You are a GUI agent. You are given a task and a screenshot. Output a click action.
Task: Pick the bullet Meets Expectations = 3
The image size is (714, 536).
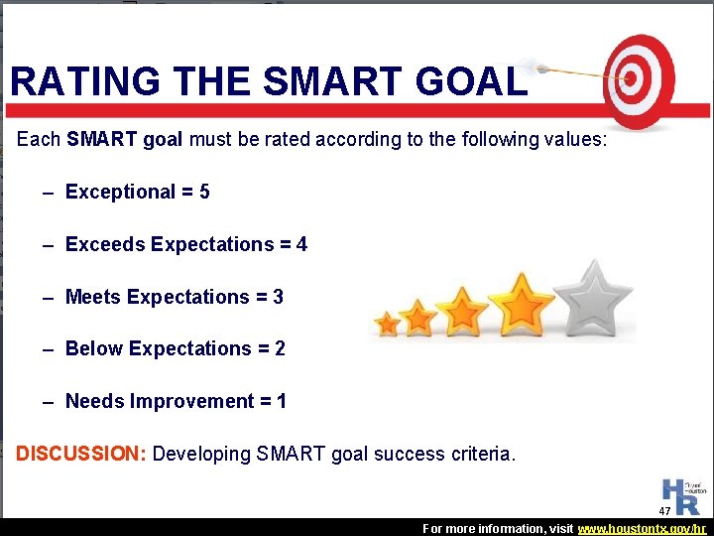(174, 297)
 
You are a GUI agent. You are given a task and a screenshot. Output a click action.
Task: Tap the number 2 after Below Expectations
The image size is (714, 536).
(280, 348)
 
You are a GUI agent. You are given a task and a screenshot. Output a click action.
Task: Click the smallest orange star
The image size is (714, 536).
(388, 324)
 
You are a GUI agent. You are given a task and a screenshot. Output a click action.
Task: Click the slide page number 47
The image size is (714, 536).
(664, 510)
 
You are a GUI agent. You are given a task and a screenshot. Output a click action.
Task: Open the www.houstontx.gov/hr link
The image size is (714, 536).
(644, 528)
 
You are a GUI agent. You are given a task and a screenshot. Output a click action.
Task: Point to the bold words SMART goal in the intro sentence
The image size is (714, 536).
(124, 139)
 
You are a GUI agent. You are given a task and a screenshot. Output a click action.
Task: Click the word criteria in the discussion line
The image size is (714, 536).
(479, 454)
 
